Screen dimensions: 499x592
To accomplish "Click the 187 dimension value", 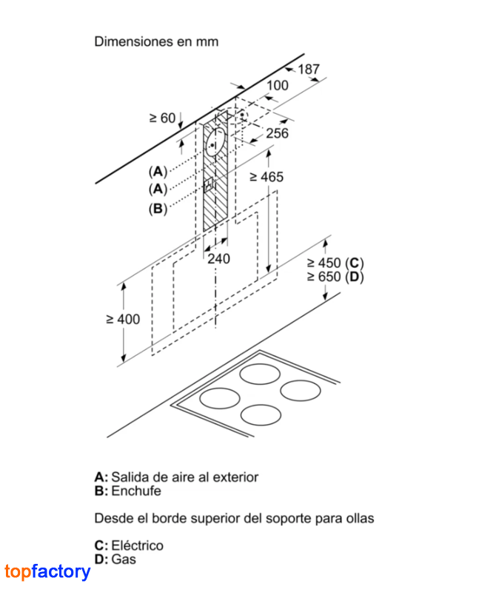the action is (x=309, y=70).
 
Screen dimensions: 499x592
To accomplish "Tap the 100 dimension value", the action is (x=278, y=86).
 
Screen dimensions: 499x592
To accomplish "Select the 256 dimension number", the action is (x=278, y=133).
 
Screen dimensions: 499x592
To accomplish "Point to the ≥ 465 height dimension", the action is (x=267, y=177).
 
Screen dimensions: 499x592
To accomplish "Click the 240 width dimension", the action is (x=218, y=259).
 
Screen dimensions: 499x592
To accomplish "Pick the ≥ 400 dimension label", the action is (x=123, y=320).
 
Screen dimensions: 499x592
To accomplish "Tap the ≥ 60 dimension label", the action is (x=162, y=118).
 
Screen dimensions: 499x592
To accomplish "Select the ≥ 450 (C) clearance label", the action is (x=335, y=263).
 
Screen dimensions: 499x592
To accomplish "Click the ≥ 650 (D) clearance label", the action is (x=335, y=277).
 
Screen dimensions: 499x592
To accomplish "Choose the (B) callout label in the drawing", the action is (x=158, y=209).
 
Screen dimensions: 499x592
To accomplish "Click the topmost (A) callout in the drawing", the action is (x=158, y=172).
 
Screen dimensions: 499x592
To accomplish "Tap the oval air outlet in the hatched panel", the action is (x=215, y=142).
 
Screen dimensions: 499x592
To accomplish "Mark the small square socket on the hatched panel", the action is (x=209, y=186).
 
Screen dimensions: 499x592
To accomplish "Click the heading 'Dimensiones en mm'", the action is (x=156, y=41).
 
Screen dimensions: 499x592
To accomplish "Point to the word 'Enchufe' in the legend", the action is (x=136, y=491).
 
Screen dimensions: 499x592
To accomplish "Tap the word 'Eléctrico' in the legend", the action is (x=138, y=545).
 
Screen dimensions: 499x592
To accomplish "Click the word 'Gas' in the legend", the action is (x=124, y=559).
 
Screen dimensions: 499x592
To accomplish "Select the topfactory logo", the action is (x=47, y=571).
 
